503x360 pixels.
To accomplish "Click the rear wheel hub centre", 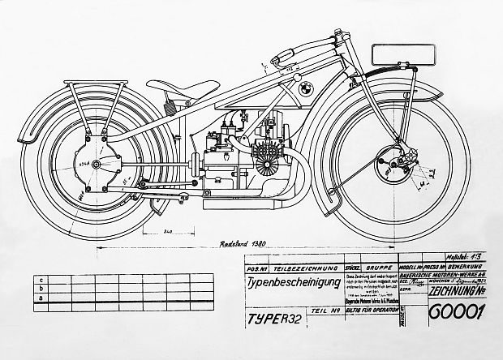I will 97,165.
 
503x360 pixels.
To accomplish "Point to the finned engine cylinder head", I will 265,156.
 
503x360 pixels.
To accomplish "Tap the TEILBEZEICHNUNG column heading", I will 283,266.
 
